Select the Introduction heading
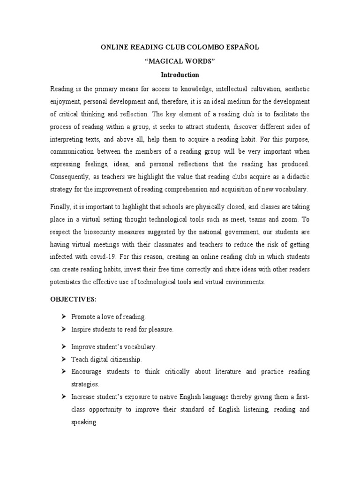pos(180,75)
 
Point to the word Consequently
pos(68,176)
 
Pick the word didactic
pos(298,176)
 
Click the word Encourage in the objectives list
pos(86,372)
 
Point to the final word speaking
pos(84,422)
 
